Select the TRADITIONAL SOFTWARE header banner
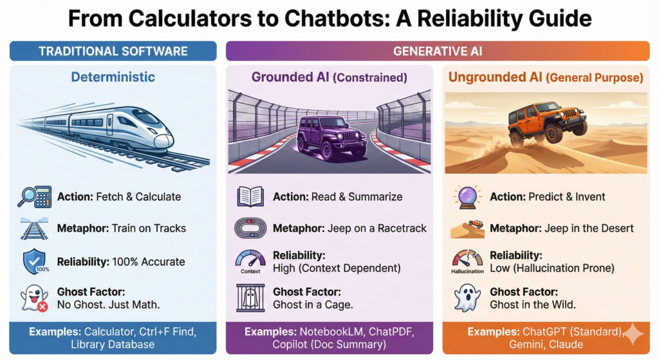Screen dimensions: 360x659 (113, 51)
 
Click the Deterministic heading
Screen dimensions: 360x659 (113, 77)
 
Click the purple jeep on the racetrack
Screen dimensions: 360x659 (326, 137)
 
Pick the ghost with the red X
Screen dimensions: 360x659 (35, 298)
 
